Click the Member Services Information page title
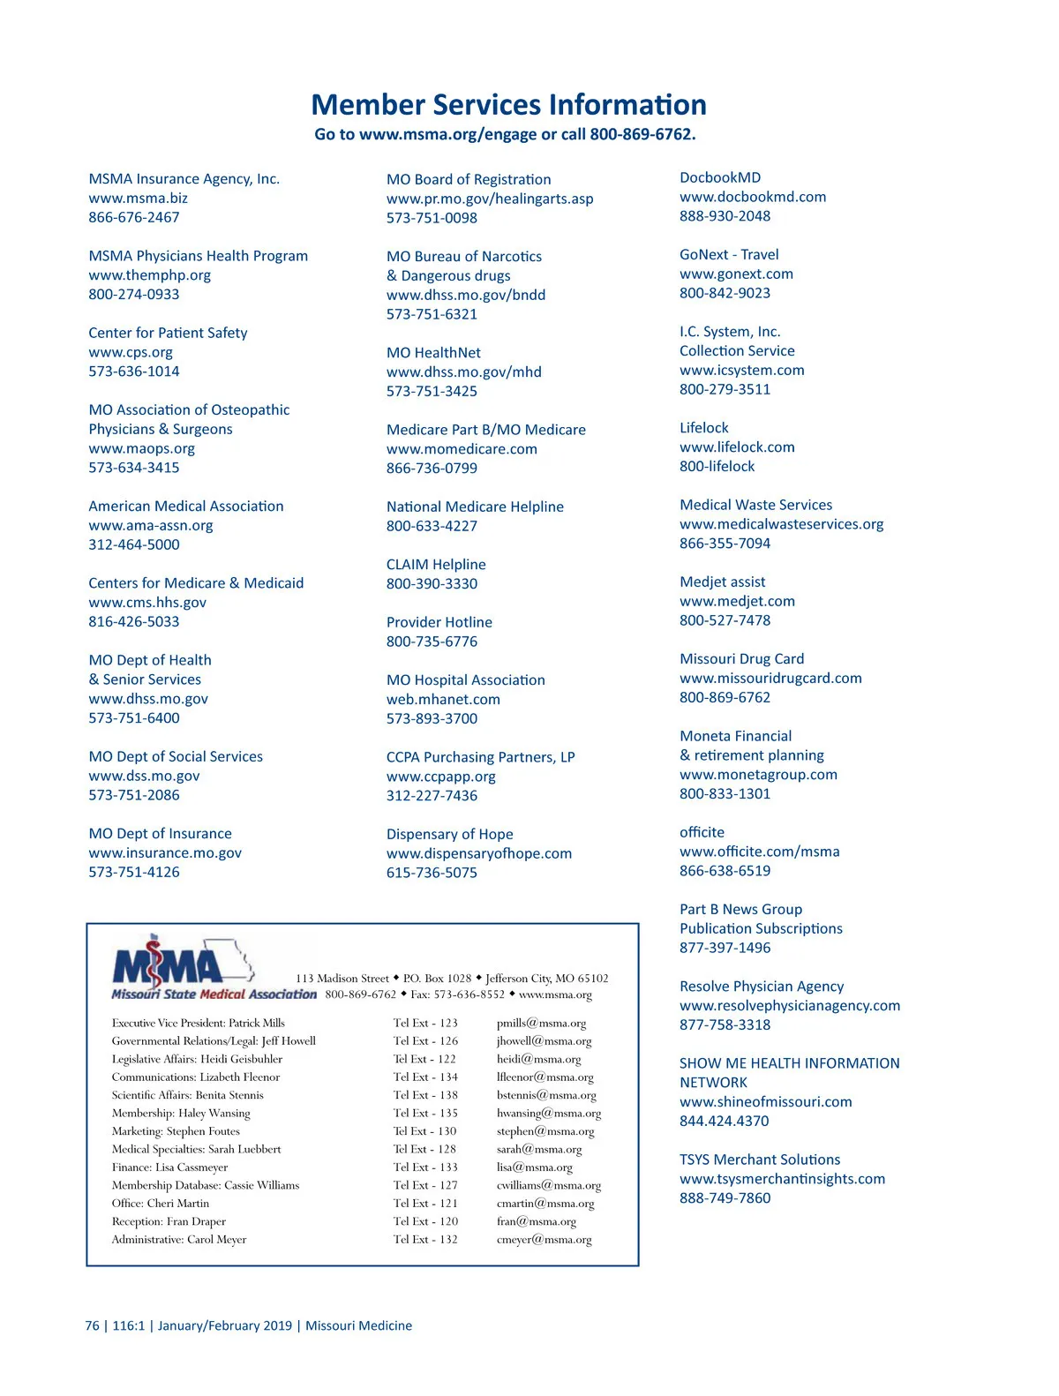(508, 105)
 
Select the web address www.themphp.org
(149, 275)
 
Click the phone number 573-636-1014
(133, 372)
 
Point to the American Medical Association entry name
(185, 507)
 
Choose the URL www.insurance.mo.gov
(164, 853)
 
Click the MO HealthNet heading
(433, 353)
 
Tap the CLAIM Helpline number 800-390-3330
(432, 584)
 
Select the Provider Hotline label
(439, 623)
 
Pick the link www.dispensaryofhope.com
(478, 854)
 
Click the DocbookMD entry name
(719, 178)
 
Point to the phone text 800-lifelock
(717, 467)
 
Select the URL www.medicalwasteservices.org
(781, 525)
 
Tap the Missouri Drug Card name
(741, 659)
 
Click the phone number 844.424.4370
(724, 1122)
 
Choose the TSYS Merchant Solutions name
(759, 1160)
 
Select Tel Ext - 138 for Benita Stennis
(425, 1096)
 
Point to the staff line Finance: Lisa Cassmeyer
(169, 1167)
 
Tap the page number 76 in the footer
(92, 1326)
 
